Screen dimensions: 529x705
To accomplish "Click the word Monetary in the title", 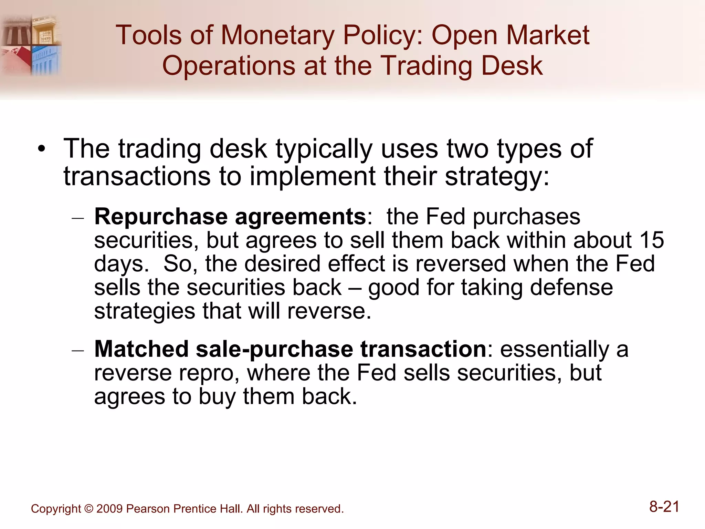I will (x=277, y=36).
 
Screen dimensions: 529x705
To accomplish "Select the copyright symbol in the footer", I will (x=88, y=509).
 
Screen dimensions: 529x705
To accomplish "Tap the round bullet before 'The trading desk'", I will (x=42, y=150).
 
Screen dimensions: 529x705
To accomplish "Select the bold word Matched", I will (x=141, y=349).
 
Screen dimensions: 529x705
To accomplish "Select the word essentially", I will (x=555, y=349).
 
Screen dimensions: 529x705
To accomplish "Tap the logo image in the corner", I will (x=31, y=45).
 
